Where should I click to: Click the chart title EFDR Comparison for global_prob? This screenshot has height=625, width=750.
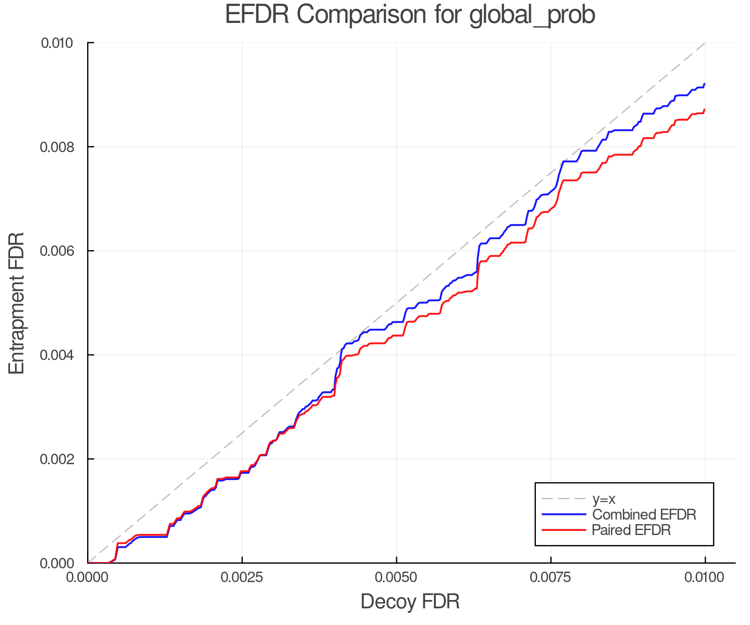click(410, 15)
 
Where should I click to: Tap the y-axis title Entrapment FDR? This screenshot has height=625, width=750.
click(17, 303)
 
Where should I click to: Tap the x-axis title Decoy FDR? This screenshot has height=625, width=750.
click(410, 601)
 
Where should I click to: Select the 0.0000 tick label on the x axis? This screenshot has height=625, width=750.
click(88, 577)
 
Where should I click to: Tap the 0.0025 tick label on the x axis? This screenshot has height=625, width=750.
click(242, 577)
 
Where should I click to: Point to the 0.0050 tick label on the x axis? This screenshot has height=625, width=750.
click(396, 577)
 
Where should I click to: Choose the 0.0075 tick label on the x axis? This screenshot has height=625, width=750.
click(551, 577)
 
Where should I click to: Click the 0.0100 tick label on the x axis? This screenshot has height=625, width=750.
click(705, 577)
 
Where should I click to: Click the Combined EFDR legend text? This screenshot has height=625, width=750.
click(644, 515)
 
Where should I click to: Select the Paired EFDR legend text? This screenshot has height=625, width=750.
click(631, 530)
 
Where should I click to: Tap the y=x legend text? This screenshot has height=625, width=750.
click(604, 499)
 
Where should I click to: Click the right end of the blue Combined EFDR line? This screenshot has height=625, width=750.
click(705, 84)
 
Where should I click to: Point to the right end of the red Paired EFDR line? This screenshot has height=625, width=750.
click(705, 110)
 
